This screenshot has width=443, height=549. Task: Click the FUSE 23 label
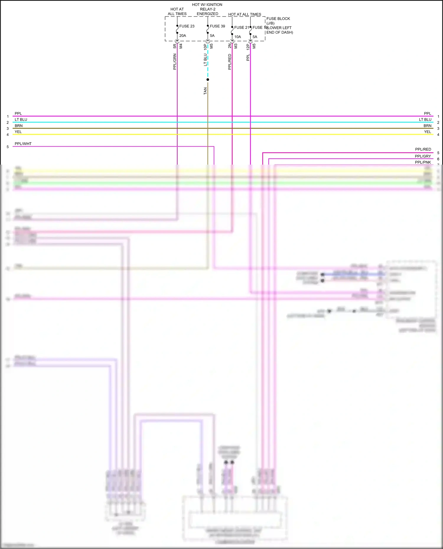point(187,26)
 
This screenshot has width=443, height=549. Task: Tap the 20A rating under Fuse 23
point(183,36)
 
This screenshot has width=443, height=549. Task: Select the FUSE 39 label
point(217,26)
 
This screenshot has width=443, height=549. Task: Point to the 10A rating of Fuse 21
point(237,37)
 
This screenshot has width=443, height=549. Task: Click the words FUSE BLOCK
point(278,19)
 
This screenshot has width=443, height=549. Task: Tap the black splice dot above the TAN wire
point(208,80)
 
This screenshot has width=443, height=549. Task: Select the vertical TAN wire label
point(205,91)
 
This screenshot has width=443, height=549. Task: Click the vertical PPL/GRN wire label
point(175,62)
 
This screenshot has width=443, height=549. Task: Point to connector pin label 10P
point(205,46)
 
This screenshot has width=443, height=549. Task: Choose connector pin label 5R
point(175,46)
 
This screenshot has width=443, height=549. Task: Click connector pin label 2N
point(230,46)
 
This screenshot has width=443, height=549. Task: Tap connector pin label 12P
point(248,46)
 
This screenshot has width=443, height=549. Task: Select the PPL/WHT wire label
point(23,144)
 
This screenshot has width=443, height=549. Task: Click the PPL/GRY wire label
point(423,156)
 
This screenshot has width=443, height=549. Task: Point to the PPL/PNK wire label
point(423,162)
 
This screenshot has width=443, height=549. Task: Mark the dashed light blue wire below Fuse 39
point(208,63)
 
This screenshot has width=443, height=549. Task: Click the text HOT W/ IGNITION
point(207,5)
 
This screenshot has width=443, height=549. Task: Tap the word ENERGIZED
point(207,14)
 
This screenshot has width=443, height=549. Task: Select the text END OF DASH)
point(280,32)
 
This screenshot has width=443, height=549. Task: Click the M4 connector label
point(181,46)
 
